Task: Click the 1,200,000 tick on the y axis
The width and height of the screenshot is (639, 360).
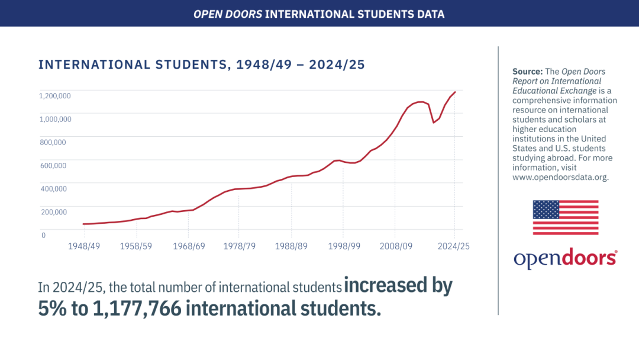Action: pyautogui.click(x=55, y=96)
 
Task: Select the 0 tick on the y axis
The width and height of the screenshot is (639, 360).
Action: pyautogui.click(x=43, y=235)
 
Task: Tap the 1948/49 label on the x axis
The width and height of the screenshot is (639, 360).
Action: pyautogui.click(x=83, y=246)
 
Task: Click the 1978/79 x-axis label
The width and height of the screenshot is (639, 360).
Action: pyautogui.click(x=239, y=246)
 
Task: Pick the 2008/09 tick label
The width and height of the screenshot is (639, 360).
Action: pyautogui.click(x=395, y=246)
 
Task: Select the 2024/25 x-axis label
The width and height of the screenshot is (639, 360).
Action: pyautogui.click(x=454, y=246)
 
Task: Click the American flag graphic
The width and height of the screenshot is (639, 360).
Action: pyautogui.click(x=566, y=217)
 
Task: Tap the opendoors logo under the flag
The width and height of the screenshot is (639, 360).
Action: pyautogui.click(x=566, y=258)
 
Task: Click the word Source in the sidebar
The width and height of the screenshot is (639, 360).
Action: pyautogui.click(x=527, y=72)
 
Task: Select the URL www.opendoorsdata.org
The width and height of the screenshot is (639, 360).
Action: pyautogui.click(x=560, y=177)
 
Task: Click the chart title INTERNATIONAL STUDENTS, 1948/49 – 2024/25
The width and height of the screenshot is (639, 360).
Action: pyautogui.click(x=202, y=65)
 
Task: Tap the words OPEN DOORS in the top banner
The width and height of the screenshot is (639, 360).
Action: pyautogui.click(x=228, y=13)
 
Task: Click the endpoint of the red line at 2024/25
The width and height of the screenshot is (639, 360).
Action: pyautogui.click(x=455, y=92)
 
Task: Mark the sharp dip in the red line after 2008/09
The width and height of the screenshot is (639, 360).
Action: pyautogui.click(x=434, y=123)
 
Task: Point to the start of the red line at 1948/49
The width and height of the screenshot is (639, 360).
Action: pyautogui.click(x=83, y=224)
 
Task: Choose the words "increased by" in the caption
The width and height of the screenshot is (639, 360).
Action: pyautogui.click(x=398, y=286)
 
